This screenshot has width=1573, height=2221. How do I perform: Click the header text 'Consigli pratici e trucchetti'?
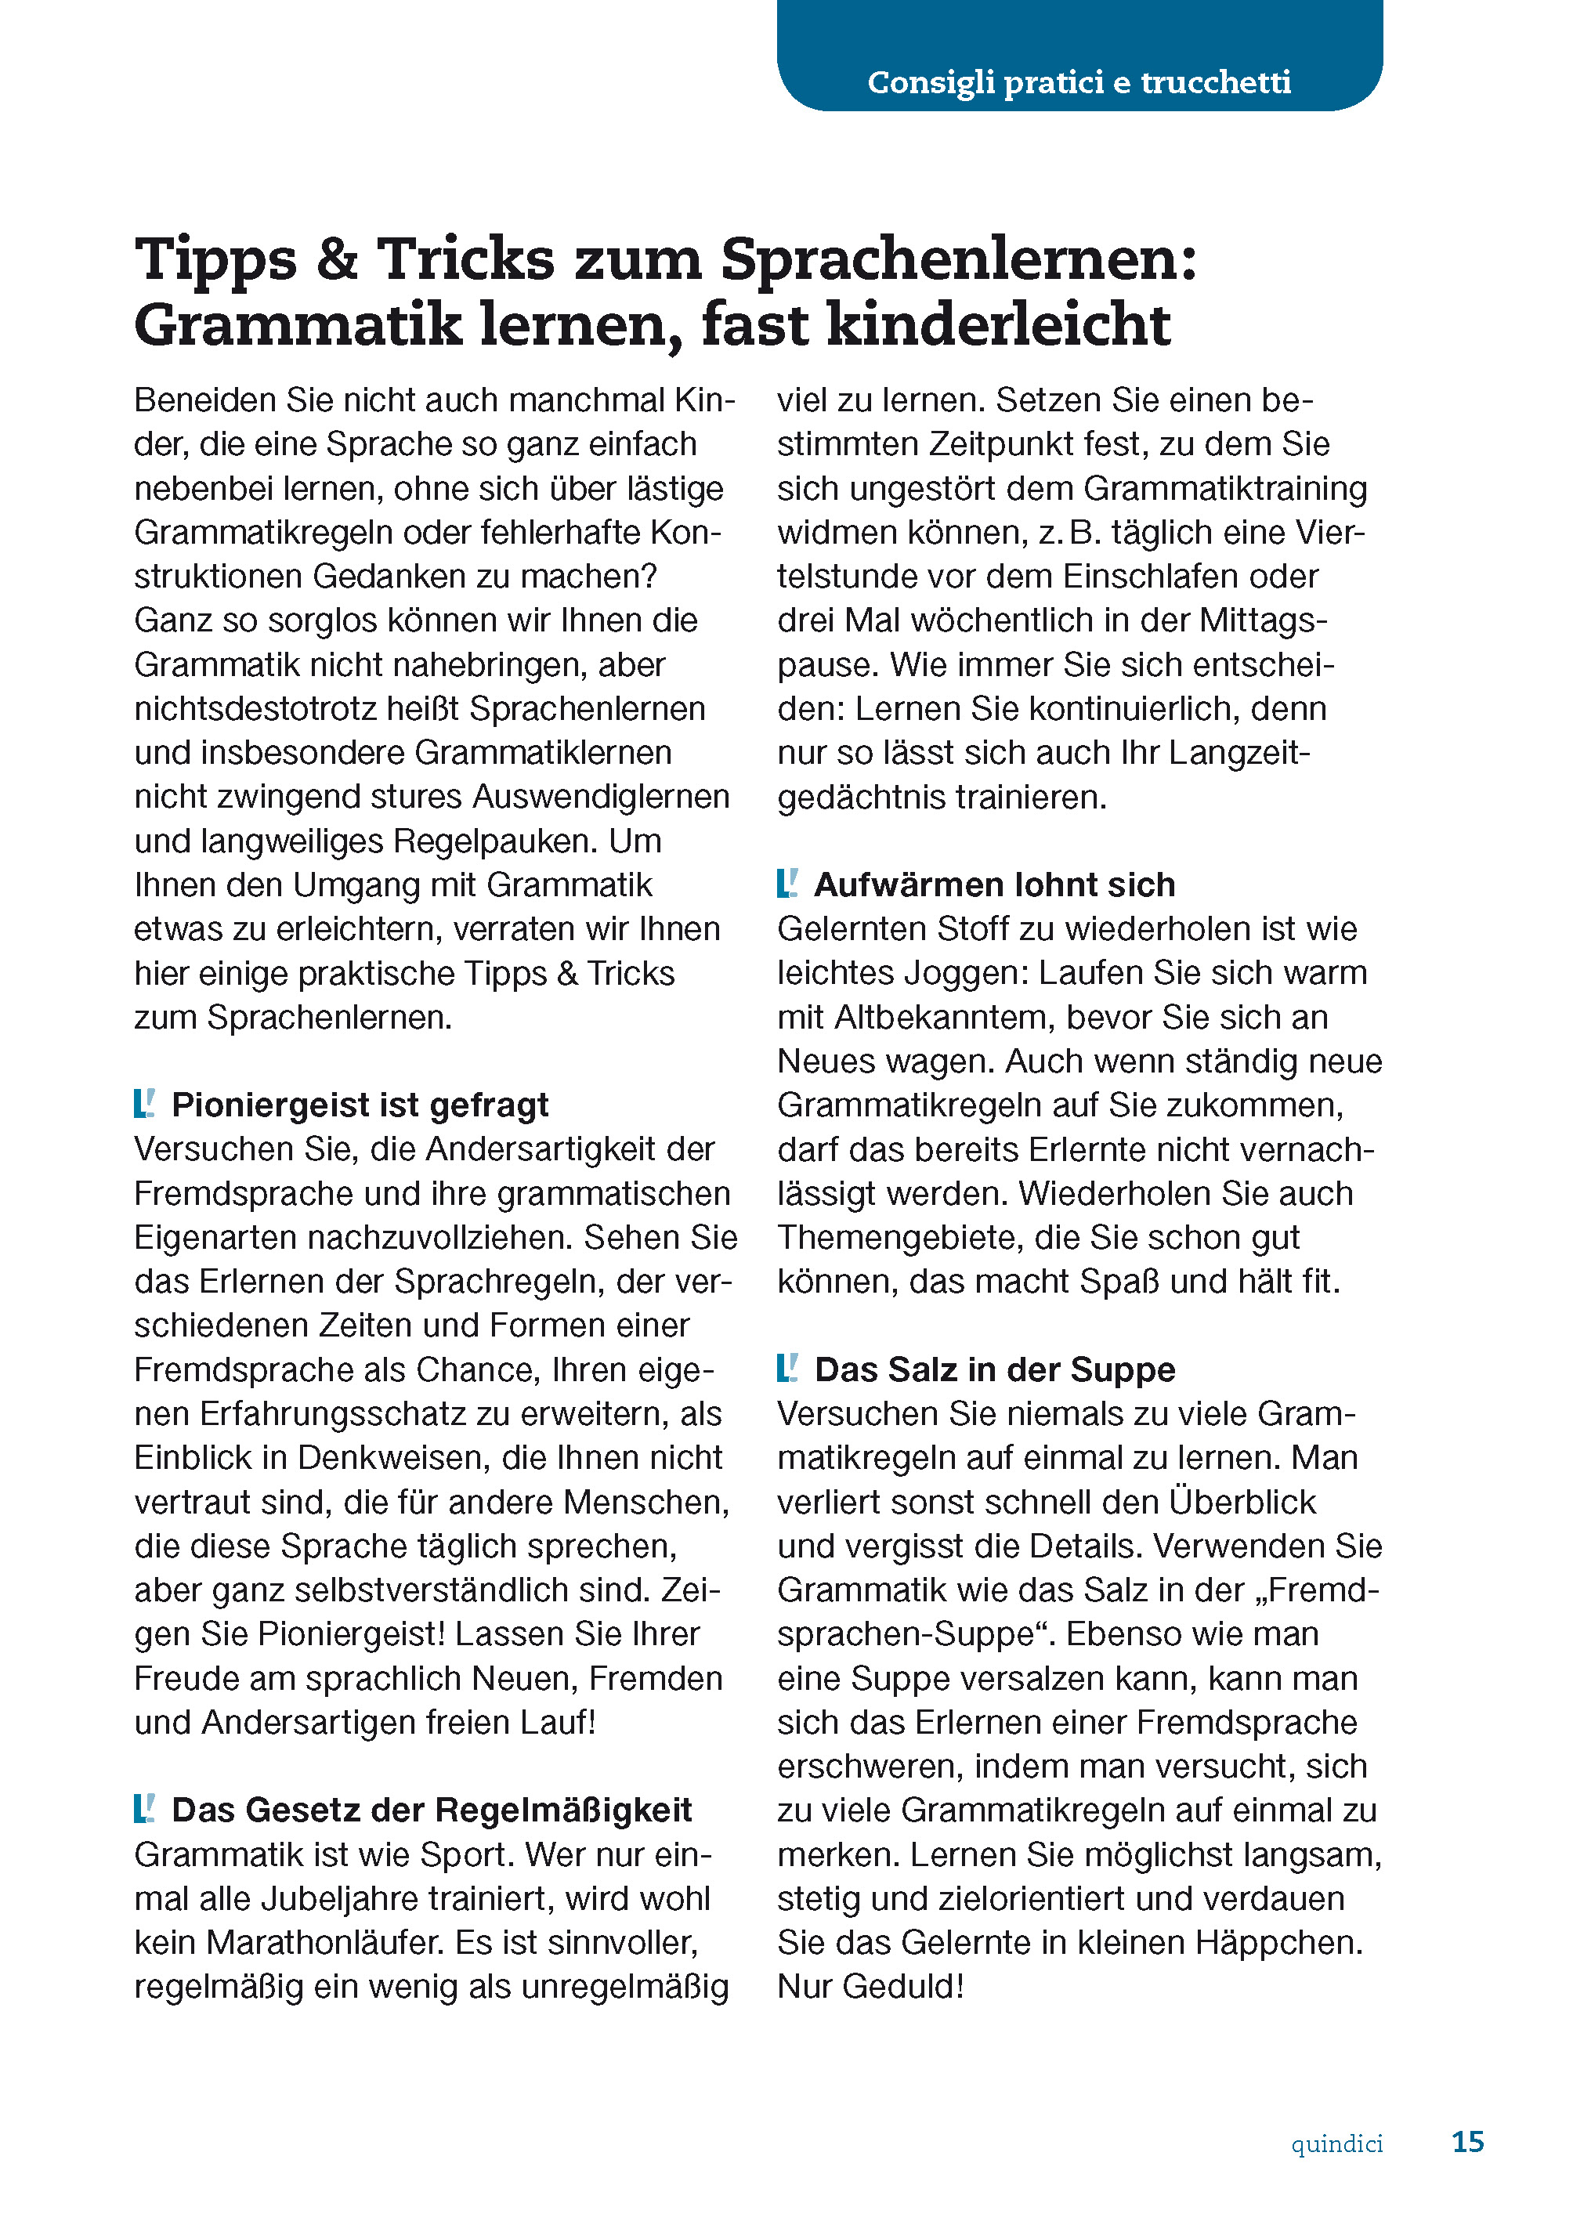click(1078, 82)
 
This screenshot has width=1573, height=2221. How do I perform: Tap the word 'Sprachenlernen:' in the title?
click(958, 262)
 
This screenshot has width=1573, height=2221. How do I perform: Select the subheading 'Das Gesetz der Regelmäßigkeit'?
click(431, 1810)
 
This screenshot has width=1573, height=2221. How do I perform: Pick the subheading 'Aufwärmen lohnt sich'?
click(994, 884)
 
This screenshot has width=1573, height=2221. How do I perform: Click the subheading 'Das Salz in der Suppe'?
click(994, 1369)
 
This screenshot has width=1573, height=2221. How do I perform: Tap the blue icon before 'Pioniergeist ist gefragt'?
click(144, 1103)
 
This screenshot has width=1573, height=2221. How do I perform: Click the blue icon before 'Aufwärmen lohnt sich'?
click(787, 884)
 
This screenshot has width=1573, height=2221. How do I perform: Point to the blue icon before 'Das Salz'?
click(787, 1368)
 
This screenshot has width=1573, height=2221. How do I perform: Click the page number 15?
click(1467, 2142)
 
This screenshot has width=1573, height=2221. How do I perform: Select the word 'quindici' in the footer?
click(1336, 2143)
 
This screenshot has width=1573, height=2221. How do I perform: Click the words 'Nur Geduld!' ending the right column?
click(870, 1986)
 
